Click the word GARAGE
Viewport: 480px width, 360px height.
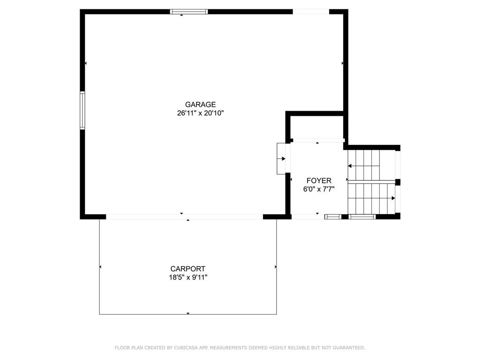click(200, 105)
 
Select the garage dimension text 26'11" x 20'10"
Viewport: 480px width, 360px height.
click(201, 113)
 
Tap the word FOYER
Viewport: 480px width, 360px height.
click(319, 180)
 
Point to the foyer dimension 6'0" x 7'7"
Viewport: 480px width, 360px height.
click(319, 189)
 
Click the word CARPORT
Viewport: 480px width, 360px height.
click(187, 269)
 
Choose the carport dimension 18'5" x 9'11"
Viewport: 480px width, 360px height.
click(188, 277)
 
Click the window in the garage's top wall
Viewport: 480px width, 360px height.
click(189, 12)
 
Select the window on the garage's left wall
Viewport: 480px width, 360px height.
click(82, 110)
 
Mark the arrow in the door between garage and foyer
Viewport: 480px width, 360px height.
click(281, 158)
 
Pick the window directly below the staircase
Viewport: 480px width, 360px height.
click(362, 217)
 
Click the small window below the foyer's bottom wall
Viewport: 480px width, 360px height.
click(333, 217)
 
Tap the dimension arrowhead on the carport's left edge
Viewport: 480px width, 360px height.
click(100, 267)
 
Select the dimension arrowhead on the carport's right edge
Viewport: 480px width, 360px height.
click(276, 267)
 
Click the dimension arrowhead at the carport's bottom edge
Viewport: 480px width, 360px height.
click(188, 313)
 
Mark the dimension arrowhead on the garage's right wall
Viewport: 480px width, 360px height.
click(342, 63)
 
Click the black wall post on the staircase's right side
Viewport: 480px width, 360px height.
click(397, 182)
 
